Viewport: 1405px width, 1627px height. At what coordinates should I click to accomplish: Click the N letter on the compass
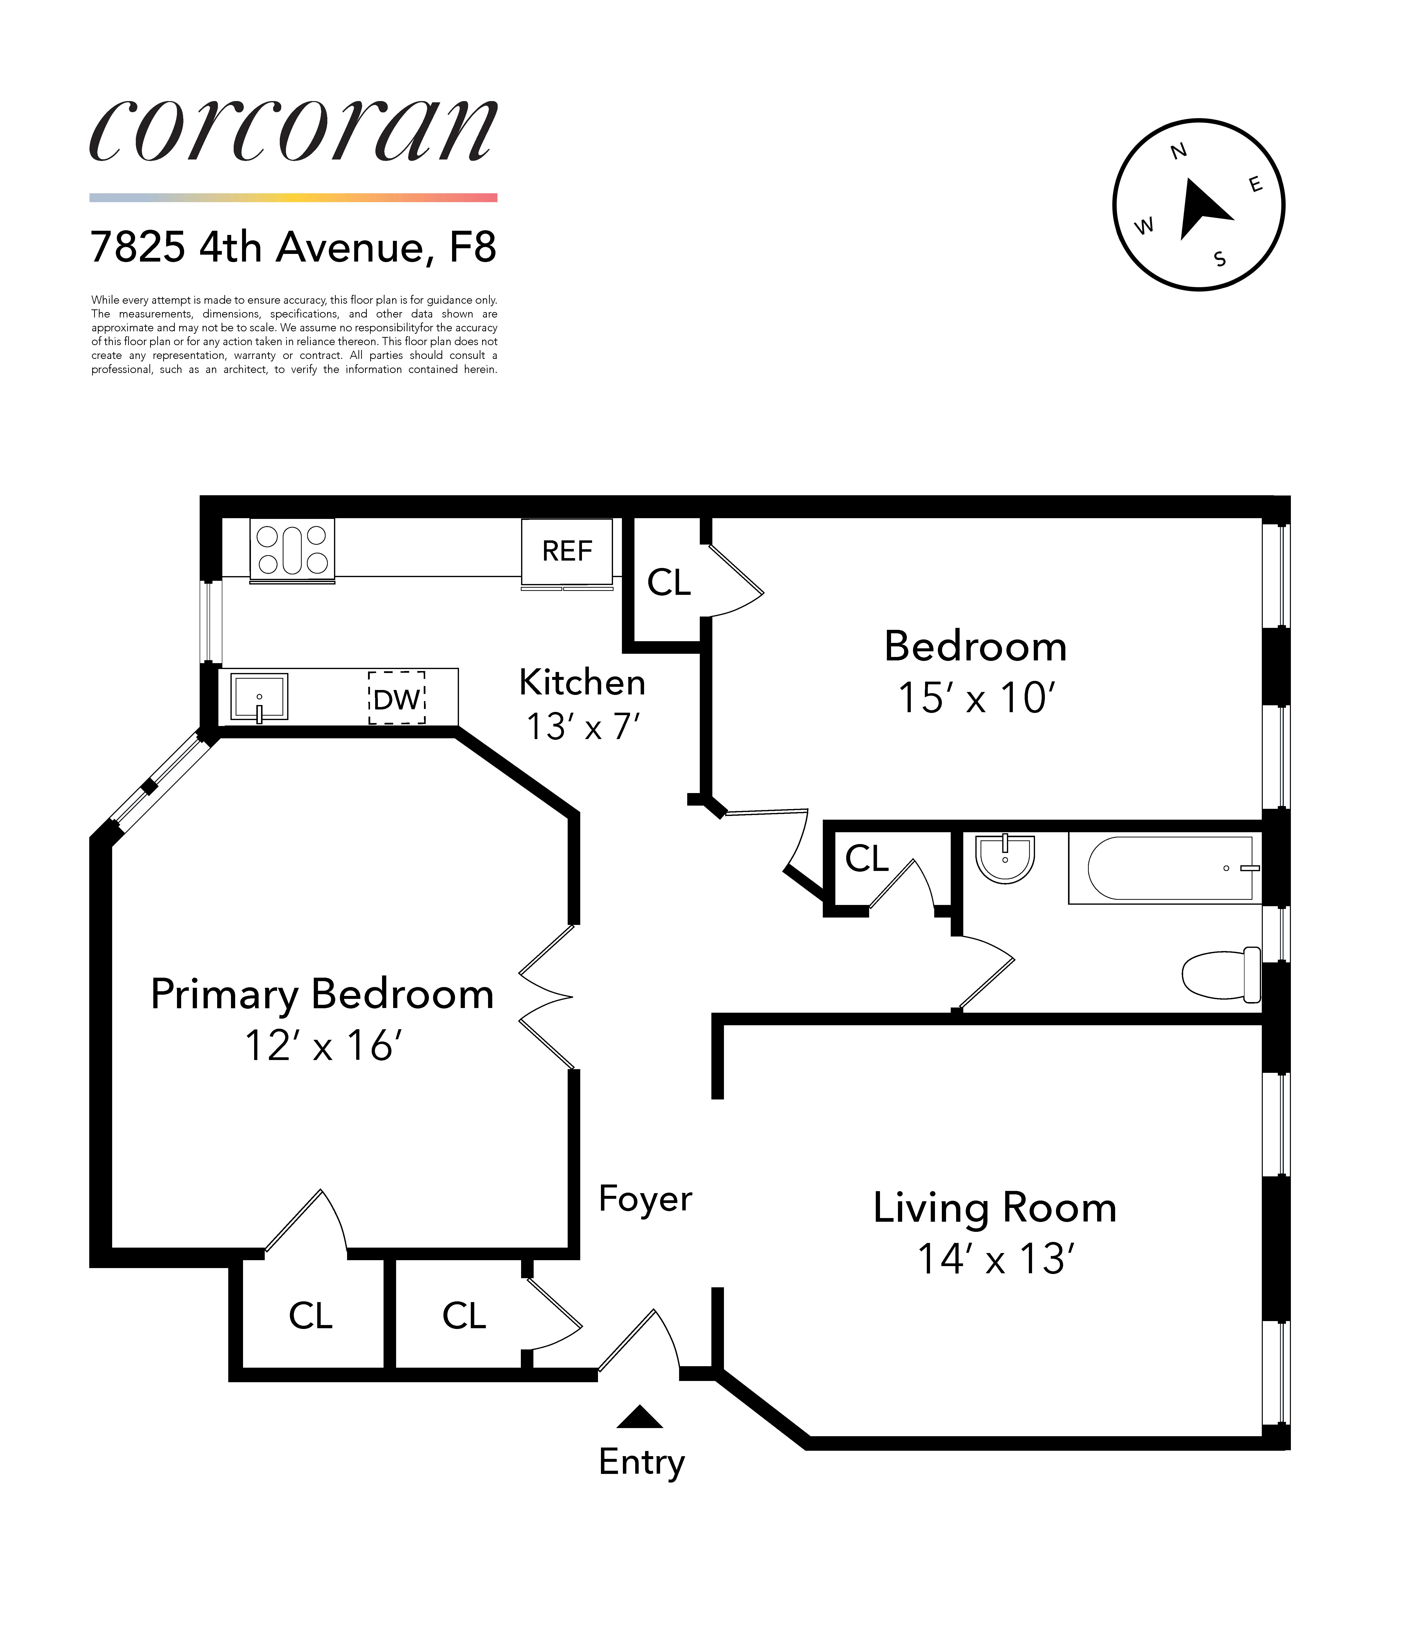1178,152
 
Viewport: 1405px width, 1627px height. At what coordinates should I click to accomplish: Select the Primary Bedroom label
322,994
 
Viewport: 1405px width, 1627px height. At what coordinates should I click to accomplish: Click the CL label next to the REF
668,583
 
